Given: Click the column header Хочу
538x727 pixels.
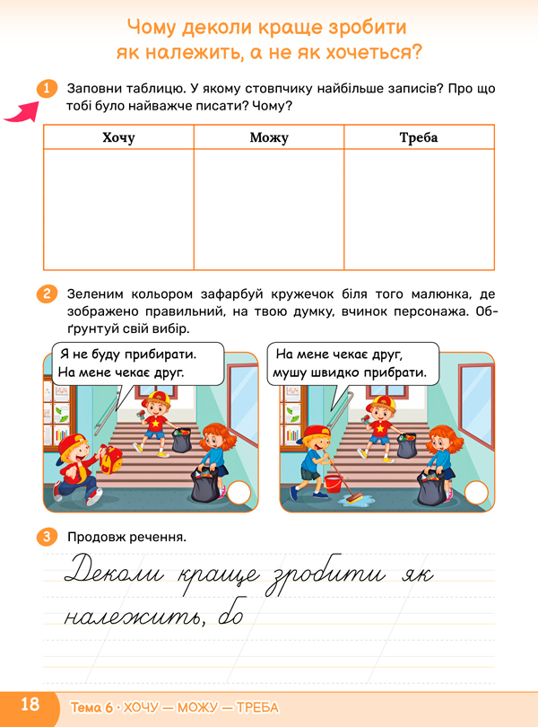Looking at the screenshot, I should (118, 137).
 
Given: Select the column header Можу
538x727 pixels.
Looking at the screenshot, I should (269, 137).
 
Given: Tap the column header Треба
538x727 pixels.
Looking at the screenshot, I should (419, 137).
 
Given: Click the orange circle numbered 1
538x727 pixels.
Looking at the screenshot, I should (45, 89).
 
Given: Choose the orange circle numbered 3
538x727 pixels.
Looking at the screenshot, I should (45, 538).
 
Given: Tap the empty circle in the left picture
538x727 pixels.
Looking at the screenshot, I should (239, 493).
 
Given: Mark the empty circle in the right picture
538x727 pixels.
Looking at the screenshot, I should (476, 493).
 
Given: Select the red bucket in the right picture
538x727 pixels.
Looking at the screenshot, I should (333, 484).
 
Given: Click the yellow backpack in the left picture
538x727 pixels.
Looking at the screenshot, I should (111, 462).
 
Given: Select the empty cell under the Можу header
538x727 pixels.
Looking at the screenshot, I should (269, 209).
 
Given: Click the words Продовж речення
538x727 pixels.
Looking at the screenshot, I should (126, 538).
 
